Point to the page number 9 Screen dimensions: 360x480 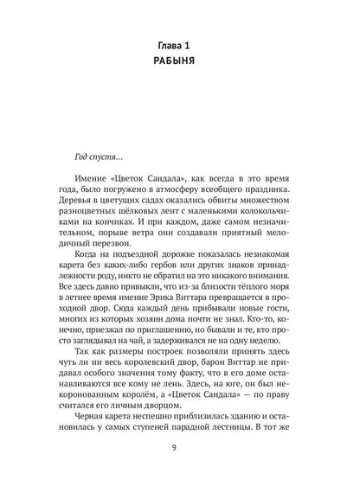pyautogui.click(x=180, y=447)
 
